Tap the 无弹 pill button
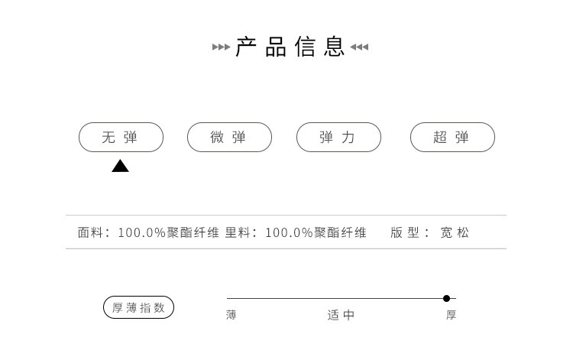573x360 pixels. pos(121,137)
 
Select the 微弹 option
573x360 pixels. pos(229,137)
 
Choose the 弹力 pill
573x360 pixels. pos(338,137)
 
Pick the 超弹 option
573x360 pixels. pos(452,137)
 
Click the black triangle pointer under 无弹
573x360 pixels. pos(120,166)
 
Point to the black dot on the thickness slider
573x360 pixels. pos(446,298)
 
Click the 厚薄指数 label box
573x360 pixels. pos(138,307)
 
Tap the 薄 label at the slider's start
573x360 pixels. pos(231,315)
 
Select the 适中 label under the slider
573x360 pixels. pos(341,315)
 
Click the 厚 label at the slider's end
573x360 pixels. pos(452,315)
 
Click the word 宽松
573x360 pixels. pos(455,232)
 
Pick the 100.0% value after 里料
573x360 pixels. pos(289,232)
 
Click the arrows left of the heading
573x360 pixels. pos(221,47)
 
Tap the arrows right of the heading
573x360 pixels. pos(359,47)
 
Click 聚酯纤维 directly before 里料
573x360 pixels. pos(193,232)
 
